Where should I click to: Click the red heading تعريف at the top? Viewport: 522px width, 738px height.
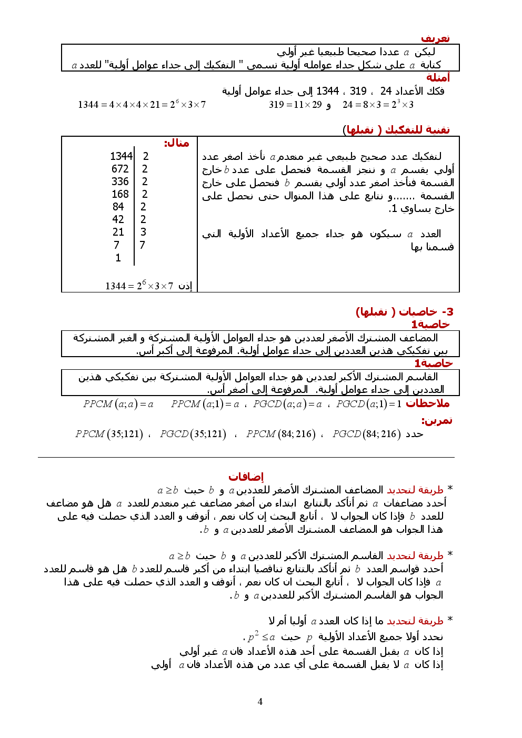click(x=435, y=38)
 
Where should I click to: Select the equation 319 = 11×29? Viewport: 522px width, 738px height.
click(x=295, y=105)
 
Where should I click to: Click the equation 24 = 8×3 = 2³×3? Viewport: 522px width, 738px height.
click(x=378, y=104)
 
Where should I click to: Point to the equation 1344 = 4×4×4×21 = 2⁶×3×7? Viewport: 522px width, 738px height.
click(x=142, y=104)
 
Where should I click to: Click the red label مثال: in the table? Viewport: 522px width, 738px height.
click(x=176, y=143)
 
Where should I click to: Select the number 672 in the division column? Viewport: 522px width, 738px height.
click(x=120, y=169)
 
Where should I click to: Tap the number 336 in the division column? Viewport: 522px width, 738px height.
click(x=120, y=181)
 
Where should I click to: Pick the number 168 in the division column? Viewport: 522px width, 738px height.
click(x=120, y=194)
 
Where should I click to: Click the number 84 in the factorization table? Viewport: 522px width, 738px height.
click(x=118, y=207)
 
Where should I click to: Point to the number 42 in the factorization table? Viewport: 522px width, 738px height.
click(x=118, y=219)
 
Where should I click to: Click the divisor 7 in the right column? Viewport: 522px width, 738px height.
click(x=142, y=245)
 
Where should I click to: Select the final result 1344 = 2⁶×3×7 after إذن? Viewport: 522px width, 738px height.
click(x=139, y=286)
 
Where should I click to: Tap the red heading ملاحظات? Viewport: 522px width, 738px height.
click(x=427, y=403)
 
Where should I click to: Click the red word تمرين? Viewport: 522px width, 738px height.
click(x=436, y=421)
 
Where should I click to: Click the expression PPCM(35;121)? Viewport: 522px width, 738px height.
click(x=109, y=434)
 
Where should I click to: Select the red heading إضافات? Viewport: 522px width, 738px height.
click(x=246, y=477)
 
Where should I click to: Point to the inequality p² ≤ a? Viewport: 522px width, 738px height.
click(x=261, y=636)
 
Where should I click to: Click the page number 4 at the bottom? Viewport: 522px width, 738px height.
click(x=260, y=701)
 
